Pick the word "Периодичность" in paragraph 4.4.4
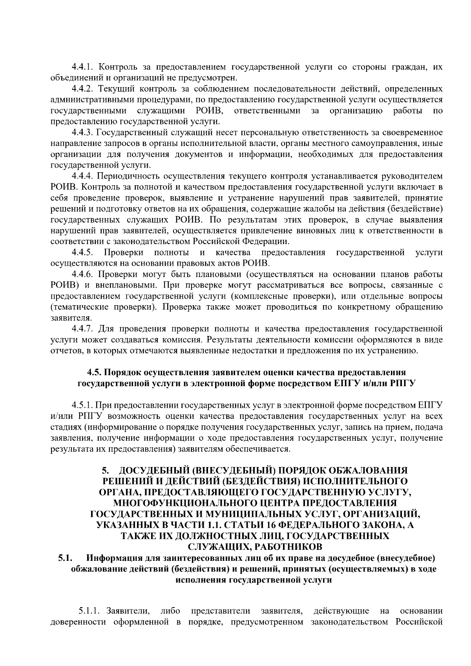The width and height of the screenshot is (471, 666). coord(127,175)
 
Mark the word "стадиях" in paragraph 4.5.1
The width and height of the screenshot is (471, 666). coord(65,427)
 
